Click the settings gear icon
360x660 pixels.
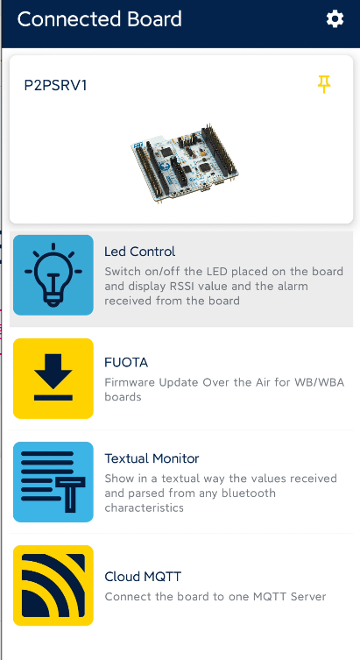335,19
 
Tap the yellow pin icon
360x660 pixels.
324,84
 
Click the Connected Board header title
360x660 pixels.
99,19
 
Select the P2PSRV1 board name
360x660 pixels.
55,85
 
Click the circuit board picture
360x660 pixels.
184,163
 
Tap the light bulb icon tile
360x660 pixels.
53,275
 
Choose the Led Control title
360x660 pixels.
139,252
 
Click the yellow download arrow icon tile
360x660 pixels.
53,379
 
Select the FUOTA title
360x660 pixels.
126,362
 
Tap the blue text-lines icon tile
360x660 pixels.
53,482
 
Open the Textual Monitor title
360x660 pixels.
152,458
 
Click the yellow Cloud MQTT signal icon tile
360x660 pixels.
53,585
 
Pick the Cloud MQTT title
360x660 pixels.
143,577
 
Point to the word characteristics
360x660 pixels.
145,507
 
